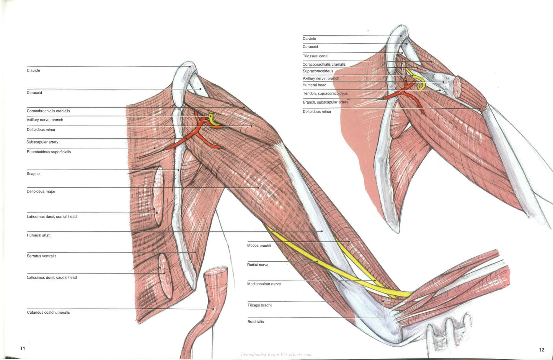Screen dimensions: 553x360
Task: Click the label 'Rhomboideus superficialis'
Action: (49, 152)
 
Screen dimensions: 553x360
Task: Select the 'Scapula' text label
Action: (34, 174)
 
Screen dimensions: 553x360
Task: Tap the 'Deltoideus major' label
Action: (41, 191)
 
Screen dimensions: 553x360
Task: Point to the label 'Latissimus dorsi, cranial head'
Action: (52, 217)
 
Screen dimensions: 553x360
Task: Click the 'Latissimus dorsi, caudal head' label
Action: (52, 278)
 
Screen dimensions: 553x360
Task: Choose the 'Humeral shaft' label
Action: (39, 235)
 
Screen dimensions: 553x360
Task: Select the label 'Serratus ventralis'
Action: (41, 256)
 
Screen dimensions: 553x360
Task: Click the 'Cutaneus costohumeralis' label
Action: (48, 313)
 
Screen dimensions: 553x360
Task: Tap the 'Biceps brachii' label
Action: (259, 246)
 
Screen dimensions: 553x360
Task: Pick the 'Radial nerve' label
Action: (258, 265)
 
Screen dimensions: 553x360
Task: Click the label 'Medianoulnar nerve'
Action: (264, 284)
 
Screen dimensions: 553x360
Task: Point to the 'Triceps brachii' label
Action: (260, 305)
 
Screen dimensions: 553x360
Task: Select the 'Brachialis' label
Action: (256, 322)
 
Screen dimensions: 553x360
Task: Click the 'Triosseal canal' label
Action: (315, 56)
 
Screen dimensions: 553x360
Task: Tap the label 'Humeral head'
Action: (315, 85)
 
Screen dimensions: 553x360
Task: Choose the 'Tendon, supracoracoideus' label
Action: (325, 93)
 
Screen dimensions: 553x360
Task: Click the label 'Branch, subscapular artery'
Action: (325, 102)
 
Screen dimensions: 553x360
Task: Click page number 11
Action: (23, 349)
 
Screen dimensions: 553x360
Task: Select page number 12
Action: (542, 350)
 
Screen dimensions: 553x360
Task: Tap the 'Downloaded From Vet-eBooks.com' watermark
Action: (276, 355)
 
